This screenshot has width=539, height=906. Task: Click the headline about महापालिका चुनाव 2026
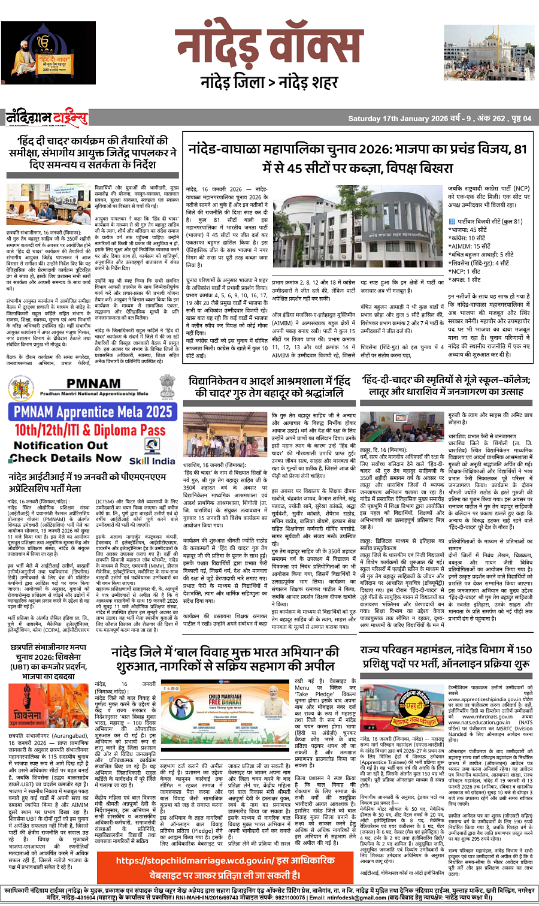pyautogui.click(x=358, y=158)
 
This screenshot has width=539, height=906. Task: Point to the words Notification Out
pyautogui.click(x=60, y=445)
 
